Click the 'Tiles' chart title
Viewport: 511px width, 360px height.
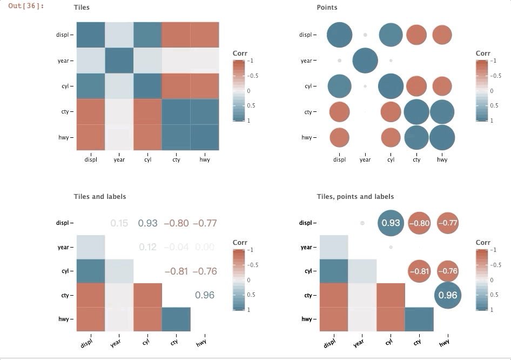pos(82,8)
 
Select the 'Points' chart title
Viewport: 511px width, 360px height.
pos(327,8)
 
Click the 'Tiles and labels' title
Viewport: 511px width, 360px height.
pos(100,197)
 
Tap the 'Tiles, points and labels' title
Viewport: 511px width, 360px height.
pos(355,197)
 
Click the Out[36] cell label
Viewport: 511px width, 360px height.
pos(26,6)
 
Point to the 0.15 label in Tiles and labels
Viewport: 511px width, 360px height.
pos(119,223)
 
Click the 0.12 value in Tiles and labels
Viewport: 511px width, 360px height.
pos(147,247)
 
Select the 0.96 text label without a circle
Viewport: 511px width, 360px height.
pos(205,295)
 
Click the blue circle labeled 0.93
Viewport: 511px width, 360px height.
pos(391,223)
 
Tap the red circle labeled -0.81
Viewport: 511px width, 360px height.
pos(419,271)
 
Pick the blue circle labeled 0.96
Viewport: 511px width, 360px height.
pos(448,295)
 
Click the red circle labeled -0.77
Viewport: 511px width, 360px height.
pos(448,223)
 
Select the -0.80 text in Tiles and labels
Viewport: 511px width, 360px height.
pos(176,223)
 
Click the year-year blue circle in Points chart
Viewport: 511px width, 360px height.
pos(365,61)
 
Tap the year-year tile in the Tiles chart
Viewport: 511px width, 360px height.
pos(119,61)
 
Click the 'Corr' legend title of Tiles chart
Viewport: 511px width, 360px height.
pos(240,54)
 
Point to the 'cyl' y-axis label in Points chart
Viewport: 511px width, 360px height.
pos(308,86)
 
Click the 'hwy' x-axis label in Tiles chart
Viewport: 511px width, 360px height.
pos(204,159)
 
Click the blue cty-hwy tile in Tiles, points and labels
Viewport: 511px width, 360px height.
pos(419,319)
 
